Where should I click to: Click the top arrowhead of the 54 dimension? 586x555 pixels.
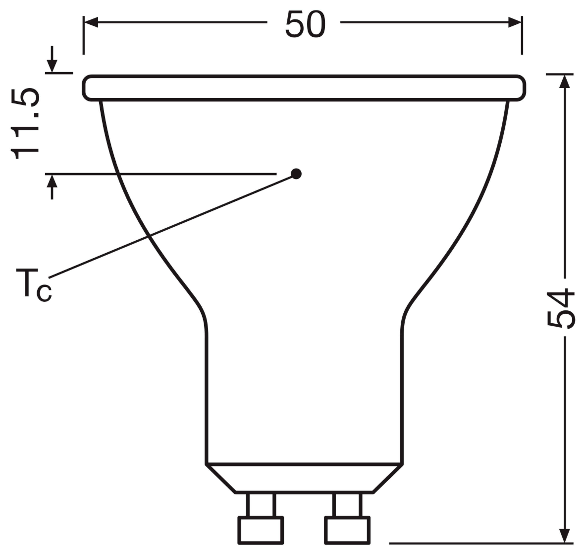click(x=565, y=81)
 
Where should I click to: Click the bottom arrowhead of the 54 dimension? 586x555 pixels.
click(x=565, y=535)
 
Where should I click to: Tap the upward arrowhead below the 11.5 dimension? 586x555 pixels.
click(x=52, y=181)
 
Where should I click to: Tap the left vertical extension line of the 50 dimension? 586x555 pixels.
click(x=84, y=36)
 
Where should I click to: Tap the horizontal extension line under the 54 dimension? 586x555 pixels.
click(x=479, y=543)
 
